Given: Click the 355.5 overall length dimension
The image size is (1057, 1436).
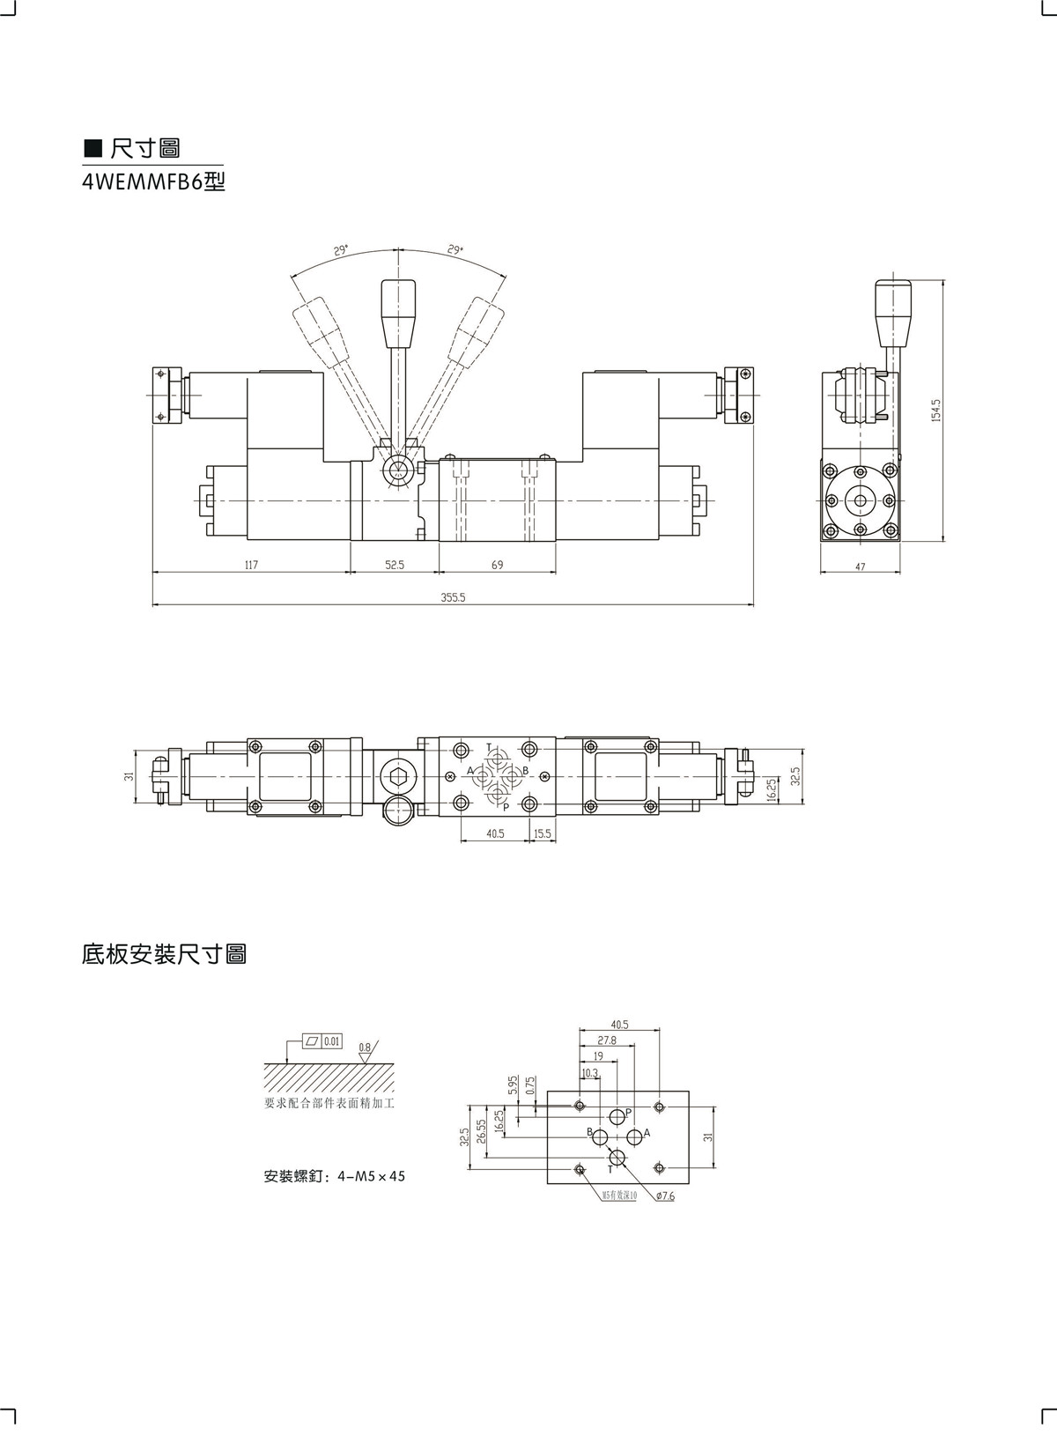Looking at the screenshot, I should coord(453,597).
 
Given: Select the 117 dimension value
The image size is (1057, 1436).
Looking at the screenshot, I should coord(251,565).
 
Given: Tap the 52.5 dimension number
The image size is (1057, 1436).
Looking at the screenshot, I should coord(395,565).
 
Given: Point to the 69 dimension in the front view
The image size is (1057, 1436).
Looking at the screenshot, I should coord(498,565).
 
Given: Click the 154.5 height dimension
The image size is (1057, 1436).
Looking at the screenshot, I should coord(936,410).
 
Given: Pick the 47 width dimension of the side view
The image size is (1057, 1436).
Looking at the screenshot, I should coord(861,567).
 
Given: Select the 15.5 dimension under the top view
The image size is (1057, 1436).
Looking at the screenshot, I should coord(542,833).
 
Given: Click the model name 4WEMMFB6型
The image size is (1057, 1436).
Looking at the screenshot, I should coord(154,182).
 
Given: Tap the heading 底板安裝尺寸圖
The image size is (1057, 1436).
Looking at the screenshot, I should coord(164,954).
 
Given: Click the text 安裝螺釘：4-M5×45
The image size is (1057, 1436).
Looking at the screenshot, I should coord(335,1176).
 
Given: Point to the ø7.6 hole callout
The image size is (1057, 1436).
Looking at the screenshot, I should coord(665,1196).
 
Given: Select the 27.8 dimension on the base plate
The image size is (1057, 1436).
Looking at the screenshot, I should coord(607,1040).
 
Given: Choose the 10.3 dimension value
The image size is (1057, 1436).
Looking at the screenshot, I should coord(589,1072).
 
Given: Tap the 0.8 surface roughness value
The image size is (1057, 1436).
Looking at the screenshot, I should coord(365,1047).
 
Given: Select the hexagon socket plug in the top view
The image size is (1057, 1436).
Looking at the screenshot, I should coord(396,776).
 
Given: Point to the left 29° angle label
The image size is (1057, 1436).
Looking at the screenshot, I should coord(342,250).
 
